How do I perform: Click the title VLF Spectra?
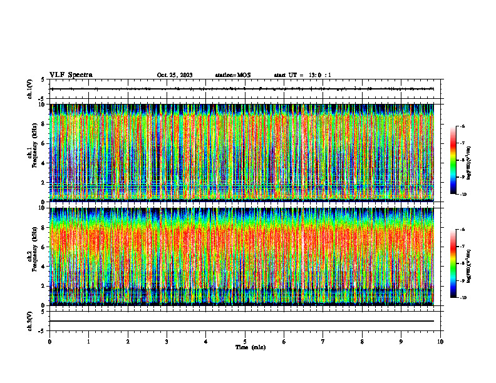point(71,74)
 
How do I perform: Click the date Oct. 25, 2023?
point(175,75)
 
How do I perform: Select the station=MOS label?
point(232,75)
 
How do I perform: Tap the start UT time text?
point(302,75)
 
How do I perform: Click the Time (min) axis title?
point(250,347)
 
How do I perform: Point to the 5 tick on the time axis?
point(245,342)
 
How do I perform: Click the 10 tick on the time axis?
point(440,342)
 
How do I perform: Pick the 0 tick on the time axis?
point(49,342)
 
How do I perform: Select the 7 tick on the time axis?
point(323,342)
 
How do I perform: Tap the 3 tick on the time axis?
point(167,342)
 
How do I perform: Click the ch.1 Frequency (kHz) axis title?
point(31,153)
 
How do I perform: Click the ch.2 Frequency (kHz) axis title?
point(31,256)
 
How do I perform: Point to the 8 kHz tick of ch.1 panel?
point(43,124)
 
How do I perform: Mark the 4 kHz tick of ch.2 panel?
point(43,266)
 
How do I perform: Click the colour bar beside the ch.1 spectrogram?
point(452,160)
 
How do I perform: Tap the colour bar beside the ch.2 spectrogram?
point(452,263)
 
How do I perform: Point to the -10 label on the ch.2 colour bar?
point(462,298)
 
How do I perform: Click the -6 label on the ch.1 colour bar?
point(462,126)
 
